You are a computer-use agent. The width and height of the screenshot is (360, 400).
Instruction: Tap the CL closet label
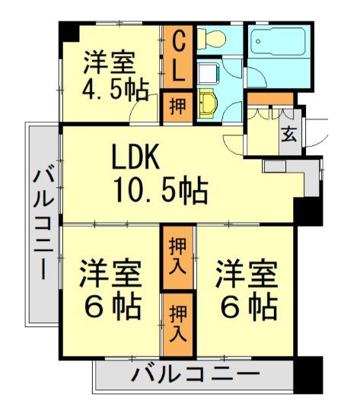click(176, 57)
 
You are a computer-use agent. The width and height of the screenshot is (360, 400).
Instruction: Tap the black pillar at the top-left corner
click(69, 33)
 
